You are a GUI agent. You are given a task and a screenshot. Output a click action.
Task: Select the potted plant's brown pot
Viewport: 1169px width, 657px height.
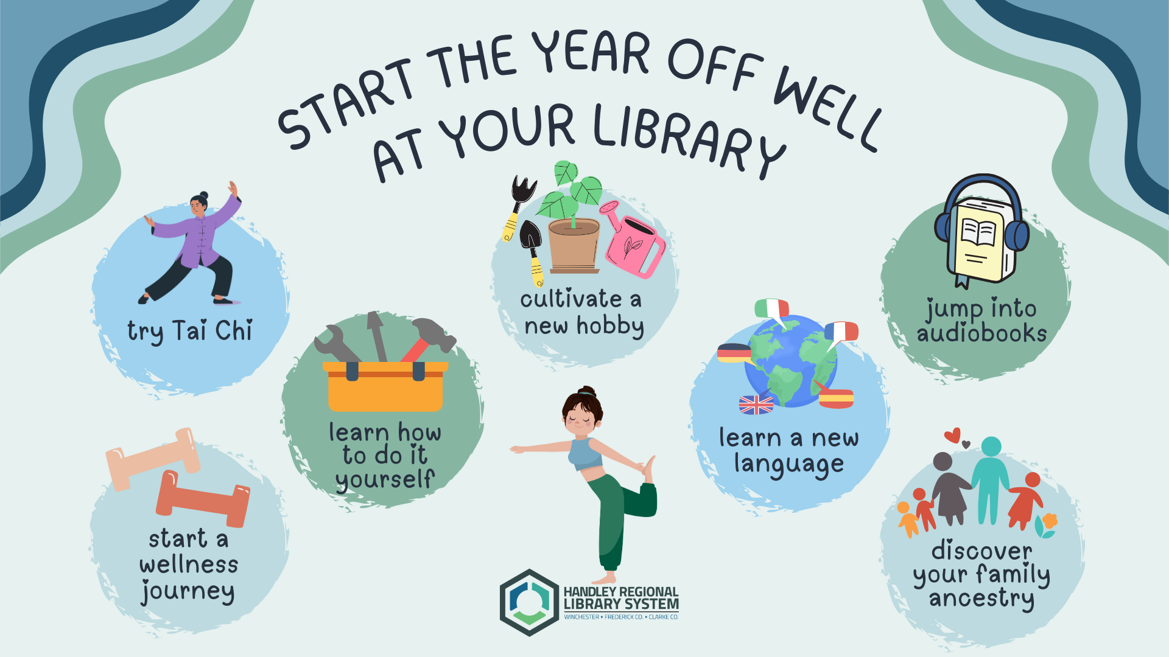[x=574, y=246]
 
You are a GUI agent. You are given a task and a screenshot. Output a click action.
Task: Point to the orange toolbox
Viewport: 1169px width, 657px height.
[x=385, y=387]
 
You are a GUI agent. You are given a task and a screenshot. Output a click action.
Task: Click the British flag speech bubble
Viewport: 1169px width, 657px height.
[x=756, y=405]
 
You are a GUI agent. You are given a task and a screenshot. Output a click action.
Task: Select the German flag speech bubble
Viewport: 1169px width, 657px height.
[x=734, y=353]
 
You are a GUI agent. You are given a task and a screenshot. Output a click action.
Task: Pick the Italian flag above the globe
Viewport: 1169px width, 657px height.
[x=771, y=308]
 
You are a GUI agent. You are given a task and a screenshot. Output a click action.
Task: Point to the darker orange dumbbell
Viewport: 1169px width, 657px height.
[x=203, y=499]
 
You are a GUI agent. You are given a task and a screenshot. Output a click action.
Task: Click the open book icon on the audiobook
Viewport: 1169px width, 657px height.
[x=978, y=232]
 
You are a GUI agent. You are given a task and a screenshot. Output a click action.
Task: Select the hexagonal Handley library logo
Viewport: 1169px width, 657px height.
[x=529, y=602]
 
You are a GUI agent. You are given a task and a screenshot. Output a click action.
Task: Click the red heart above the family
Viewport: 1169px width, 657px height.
[x=953, y=436]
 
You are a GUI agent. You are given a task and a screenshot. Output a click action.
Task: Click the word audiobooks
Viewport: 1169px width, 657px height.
[x=981, y=333]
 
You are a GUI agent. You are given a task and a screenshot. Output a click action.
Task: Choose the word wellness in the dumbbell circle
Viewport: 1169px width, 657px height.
[x=189, y=565]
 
